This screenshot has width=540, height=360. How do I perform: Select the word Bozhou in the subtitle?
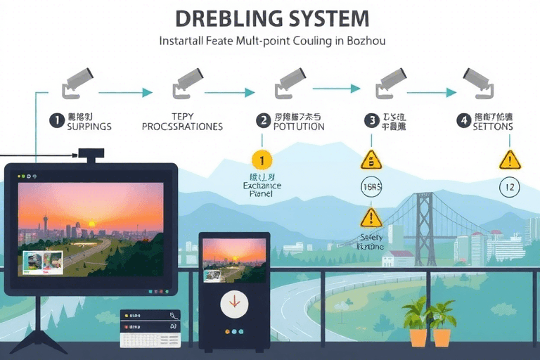click(365, 41)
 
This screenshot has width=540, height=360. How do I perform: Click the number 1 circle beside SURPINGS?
click(56, 120)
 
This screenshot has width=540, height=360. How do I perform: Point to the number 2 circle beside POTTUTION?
click(263, 120)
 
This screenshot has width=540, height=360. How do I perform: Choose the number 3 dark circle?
click(371, 120)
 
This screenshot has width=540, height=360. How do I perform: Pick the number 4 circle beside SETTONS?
click(463, 120)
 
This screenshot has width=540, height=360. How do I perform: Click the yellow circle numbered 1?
click(261, 160)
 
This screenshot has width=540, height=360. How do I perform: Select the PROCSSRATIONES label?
click(182, 127)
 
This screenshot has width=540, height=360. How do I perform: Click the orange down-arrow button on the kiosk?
click(234, 304)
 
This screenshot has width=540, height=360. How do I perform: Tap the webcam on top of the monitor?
click(91, 153)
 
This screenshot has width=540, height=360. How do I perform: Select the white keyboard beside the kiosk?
click(150, 328)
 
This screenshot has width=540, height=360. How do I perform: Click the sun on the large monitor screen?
click(91, 224)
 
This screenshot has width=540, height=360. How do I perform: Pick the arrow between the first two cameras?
click(125, 92)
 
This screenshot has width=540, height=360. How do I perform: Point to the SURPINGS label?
click(89, 127)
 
